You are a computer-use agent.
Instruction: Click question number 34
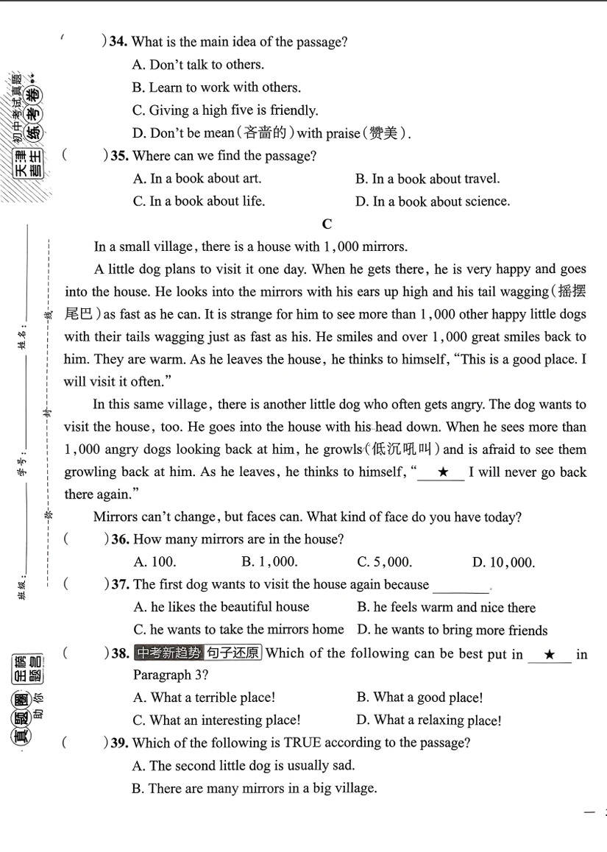pyautogui.click(x=118, y=43)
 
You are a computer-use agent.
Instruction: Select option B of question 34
pyautogui.click(x=216, y=88)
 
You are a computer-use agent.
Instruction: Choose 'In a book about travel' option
pyautogui.click(x=427, y=179)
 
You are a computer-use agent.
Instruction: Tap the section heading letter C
pyautogui.click(x=327, y=224)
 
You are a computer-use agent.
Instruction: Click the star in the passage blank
pyautogui.click(x=442, y=472)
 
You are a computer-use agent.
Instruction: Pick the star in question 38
pyautogui.click(x=549, y=654)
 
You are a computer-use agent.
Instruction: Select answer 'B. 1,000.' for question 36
pyautogui.click(x=269, y=562)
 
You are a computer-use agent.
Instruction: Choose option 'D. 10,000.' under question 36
pyautogui.click(x=503, y=563)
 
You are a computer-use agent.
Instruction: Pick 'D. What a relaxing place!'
pyautogui.click(x=428, y=720)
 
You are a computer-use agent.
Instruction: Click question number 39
pyautogui.click(x=120, y=743)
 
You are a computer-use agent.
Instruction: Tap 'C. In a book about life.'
pyautogui.click(x=199, y=202)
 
